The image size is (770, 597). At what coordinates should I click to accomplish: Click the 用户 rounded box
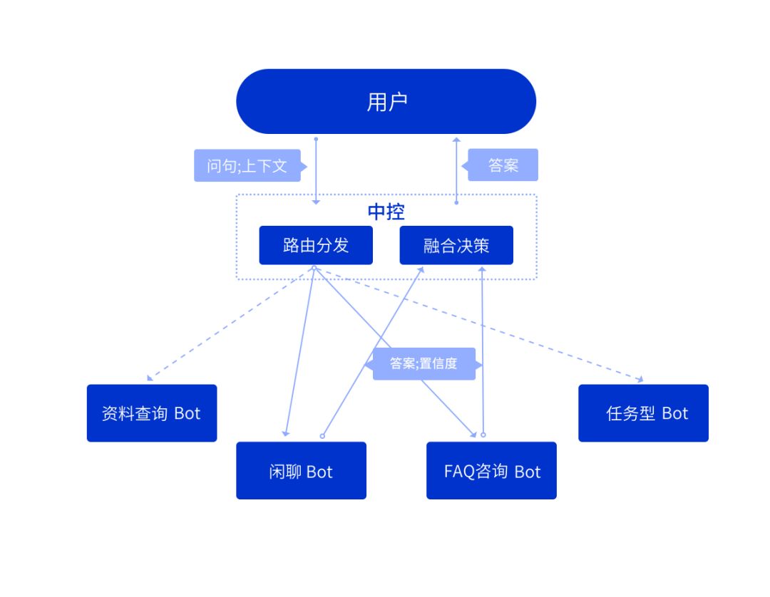pyautogui.click(x=386, y=101)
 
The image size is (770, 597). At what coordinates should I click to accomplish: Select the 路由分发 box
pyautogui.click(x=315, y=245)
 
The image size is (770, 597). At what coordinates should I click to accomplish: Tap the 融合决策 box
pyautogui.click(x=456, y=245)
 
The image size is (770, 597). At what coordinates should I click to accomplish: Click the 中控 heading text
pyautogui.click(x=386, y=212)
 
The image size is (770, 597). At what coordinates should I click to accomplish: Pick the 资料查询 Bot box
pyautogui.click(x=151, y=413)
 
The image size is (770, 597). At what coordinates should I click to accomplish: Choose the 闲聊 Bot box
pyautogui.click(x=301, y=471)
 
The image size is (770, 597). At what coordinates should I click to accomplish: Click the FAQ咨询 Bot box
pyautogui.click(x=491, y=471)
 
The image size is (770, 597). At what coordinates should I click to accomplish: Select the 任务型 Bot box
pyautogui.click(x=643, y=413)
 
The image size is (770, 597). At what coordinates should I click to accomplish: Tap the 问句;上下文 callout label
pyautogui.click(x=247, y=166)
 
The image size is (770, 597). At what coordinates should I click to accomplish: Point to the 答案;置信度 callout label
pyautogui.click(x=423, y=363)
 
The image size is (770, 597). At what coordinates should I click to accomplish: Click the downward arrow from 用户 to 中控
pyautogui.click(x=316, y=171)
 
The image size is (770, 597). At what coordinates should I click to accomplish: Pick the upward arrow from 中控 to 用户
pyautogui.click(x=456, y=171)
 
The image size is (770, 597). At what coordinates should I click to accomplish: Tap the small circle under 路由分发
pyautogui.click(x=314, y=268)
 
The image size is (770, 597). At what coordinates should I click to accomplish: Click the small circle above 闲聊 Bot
pyautogui.click(x=322, y=435)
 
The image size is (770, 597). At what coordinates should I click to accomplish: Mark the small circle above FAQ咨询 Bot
pyautogui.click(x=483, y=434)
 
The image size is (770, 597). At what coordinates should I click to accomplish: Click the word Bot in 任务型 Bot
pyautogui.click(x=674, y=413)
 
